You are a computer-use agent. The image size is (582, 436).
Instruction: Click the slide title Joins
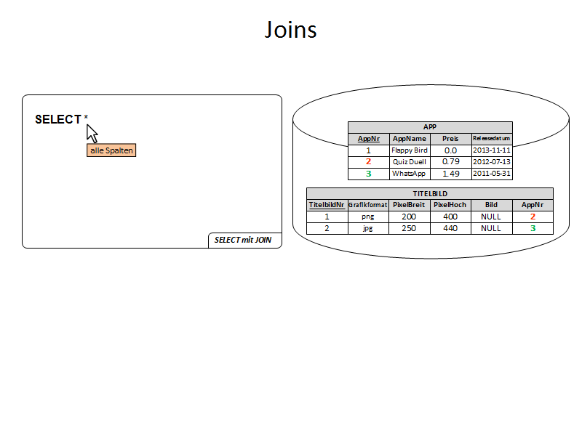290,30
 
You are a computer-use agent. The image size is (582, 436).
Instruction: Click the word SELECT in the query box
57,120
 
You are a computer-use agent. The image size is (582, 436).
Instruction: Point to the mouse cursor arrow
92,133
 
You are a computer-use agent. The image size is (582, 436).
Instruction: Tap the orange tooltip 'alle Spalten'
111,150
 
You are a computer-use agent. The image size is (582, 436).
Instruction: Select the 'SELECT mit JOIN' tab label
244,240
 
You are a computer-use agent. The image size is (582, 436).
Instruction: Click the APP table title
430,126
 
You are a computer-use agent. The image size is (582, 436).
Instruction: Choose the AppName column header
410,138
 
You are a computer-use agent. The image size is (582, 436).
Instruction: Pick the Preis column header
450,138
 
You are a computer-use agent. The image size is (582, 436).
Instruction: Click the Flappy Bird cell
410,150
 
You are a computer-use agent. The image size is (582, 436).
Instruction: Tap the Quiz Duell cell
410,161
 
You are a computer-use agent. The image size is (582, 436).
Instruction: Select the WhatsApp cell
410,174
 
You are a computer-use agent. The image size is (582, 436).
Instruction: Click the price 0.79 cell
450,161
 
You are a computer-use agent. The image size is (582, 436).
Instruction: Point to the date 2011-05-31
493,174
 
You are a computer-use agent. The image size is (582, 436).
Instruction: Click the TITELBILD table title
430,194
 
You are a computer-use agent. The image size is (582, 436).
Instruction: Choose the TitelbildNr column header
327,205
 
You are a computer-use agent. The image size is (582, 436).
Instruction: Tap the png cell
367,217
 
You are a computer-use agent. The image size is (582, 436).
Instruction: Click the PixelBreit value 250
409,228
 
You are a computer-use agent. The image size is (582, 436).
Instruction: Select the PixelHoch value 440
450,228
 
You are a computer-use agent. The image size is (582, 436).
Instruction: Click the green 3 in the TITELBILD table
533,228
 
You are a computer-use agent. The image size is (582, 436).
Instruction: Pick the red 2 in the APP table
368,161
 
